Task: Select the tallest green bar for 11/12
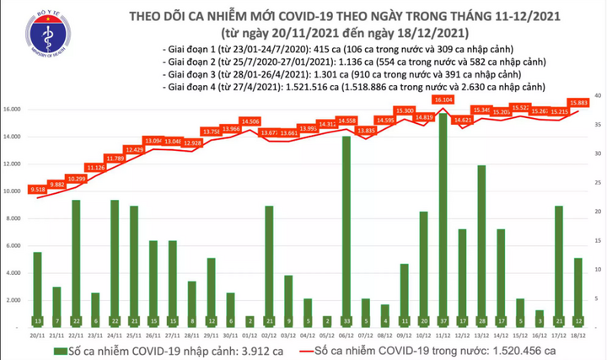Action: [443, 219]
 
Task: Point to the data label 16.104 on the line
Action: [443, 99]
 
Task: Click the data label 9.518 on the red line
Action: [37, 190]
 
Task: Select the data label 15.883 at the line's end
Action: [578, 102]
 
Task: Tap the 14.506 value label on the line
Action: [250, 121]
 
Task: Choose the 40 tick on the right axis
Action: [597, 94]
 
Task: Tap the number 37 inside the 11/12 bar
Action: [443, 320]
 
